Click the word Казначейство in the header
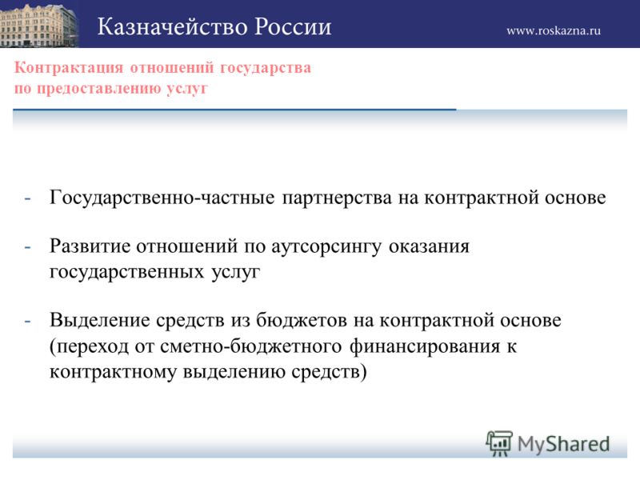click(x=172, y=27)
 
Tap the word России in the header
click(x=293, y=27)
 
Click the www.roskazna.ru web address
click(x=554, y=31)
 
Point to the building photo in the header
click(x=39, y=24)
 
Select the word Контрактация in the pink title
click(x=69, y=68)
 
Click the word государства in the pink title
click(x=266, y=68)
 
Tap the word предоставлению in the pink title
click(x=99, y=89)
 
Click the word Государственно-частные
click(x=162, y=198)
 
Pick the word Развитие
click(x=90, y=246)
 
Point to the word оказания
click(x=429, y=247)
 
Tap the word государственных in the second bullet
click(x=126, y=272)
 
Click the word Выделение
click(x=100, y=321)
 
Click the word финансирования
click(x=425, y=347)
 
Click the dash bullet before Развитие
click(x=28, y=247)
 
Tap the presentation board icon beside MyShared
click(x=499, y=443)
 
